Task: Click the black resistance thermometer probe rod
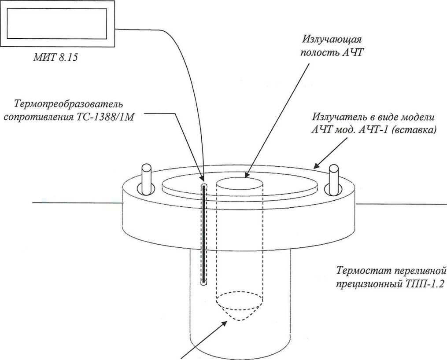point(204,233)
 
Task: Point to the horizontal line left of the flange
point(77,203)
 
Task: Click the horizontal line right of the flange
point(401,204)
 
